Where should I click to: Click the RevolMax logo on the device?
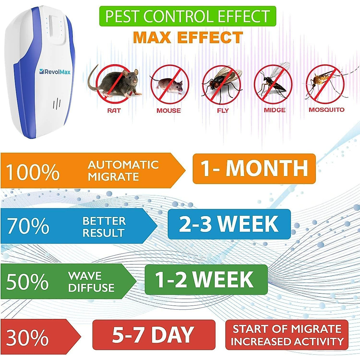55,72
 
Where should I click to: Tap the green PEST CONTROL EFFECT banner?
187,16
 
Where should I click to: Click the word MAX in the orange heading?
152,37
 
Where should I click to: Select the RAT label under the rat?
114,110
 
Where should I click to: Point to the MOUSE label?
169,110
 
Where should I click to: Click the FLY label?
223,110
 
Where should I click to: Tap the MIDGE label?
274,110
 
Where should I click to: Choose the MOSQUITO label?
327,109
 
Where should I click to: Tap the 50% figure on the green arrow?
27,281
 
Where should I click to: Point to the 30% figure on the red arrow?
27,337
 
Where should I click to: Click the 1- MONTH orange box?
254,169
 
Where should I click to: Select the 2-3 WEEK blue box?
229,224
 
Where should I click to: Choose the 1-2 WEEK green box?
206,280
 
